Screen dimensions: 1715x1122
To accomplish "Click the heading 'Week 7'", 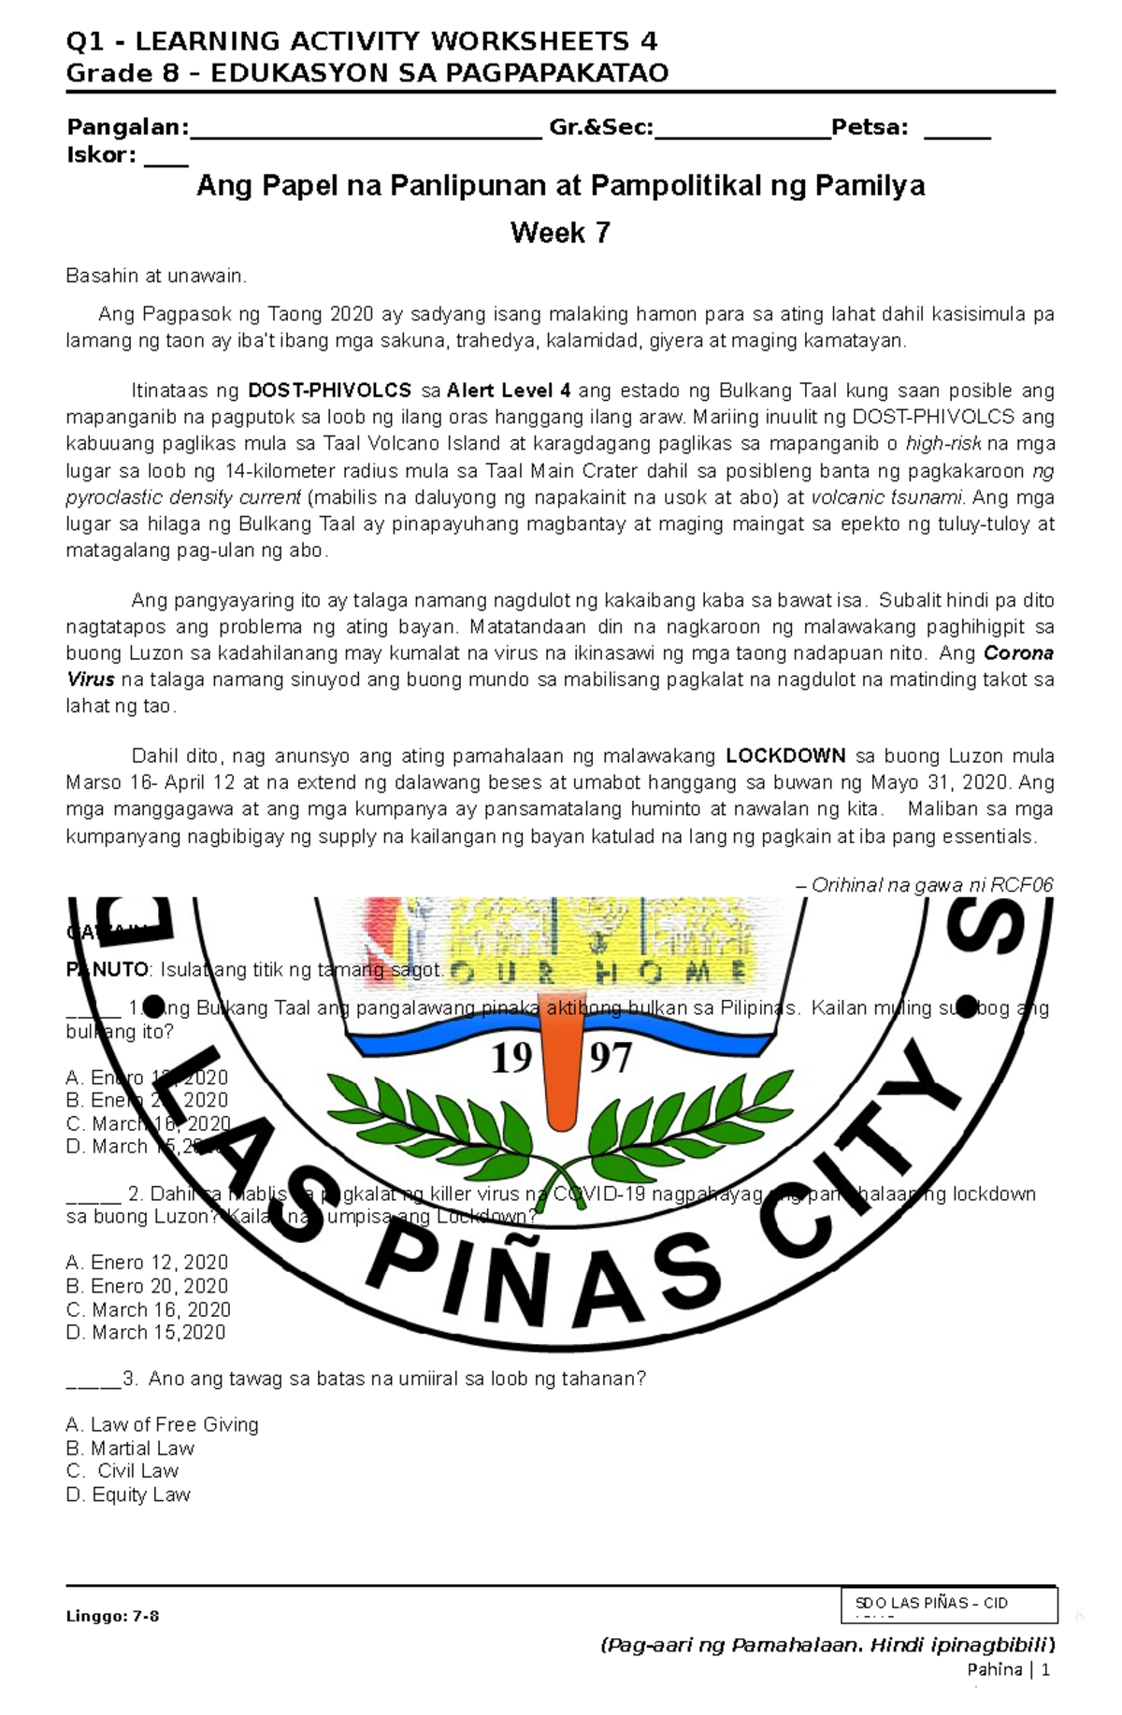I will (x=560, y=233).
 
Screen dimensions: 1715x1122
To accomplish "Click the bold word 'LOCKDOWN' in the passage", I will (x=785, y=756).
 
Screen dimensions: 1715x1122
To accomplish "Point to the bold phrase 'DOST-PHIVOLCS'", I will (x=329, y=391).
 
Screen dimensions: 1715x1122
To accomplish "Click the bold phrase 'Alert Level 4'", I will (x=509, y=391).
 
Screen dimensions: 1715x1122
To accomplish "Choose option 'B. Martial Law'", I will (x=130, y=1449).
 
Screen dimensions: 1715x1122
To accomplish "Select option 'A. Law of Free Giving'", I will (x=162, y=1425).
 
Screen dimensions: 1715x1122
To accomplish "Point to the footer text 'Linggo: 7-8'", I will (x=112, y=1616).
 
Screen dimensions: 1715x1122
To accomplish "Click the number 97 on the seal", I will (x=611, y=1059).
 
